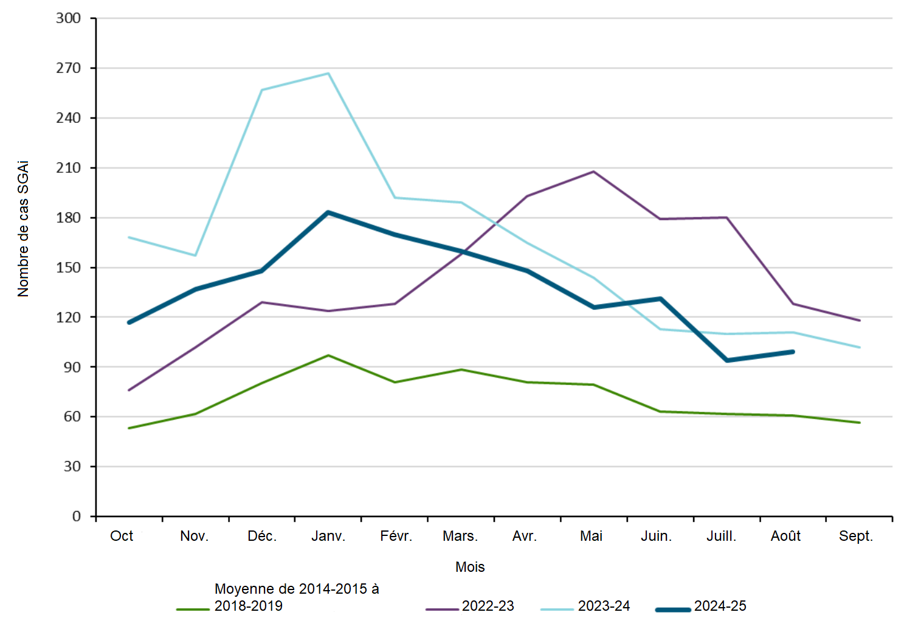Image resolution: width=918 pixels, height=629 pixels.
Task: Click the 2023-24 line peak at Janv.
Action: [x=328, y=74]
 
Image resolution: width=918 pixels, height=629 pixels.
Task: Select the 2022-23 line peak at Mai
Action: [x=593, y=172]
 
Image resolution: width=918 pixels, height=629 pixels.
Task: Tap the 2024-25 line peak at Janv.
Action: [x=328, y=212]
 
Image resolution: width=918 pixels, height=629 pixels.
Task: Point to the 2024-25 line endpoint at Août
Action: [x=793, y=352]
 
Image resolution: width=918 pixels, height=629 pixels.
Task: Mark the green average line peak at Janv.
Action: [x=328, y=355]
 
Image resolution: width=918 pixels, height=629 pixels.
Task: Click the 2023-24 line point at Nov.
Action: [x=195, y=255]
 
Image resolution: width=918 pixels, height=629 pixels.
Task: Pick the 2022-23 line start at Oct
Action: [x=129, y=390]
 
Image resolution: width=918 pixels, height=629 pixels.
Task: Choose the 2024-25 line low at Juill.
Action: [x=726, y=360]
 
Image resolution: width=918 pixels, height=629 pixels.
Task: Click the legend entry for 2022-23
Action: [x=488, y=606]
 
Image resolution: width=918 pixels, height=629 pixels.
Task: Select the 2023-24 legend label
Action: [x=604, y=606]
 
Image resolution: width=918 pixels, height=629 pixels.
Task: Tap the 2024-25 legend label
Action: [x=720, y=606]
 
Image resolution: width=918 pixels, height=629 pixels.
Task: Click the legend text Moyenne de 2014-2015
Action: [x=297, y=589]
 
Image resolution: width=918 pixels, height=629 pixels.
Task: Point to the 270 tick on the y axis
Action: [x=69, y=68]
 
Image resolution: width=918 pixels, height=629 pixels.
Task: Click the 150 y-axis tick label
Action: [x=69, y=268]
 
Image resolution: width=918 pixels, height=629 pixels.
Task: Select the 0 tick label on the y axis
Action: [x=77, y=516]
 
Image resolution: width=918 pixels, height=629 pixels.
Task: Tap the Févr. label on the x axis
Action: [x=396, y=536]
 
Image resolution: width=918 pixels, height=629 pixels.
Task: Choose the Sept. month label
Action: [x=855, y=536]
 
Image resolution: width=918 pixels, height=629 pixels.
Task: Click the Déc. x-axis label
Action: [x=262, y=536]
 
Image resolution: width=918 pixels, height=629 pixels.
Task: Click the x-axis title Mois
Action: [x=470, y=567]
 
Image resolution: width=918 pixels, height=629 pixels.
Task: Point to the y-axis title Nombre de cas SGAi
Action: [x=23, y=229]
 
